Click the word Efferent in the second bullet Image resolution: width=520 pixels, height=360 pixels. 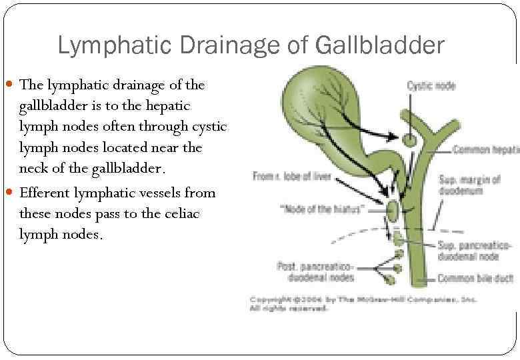(47, 193)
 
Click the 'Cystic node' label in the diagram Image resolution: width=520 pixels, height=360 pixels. (431, 85)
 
